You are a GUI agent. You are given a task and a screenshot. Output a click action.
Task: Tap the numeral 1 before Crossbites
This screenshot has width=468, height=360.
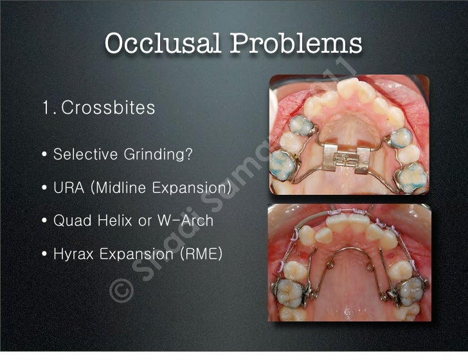point(45,107)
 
